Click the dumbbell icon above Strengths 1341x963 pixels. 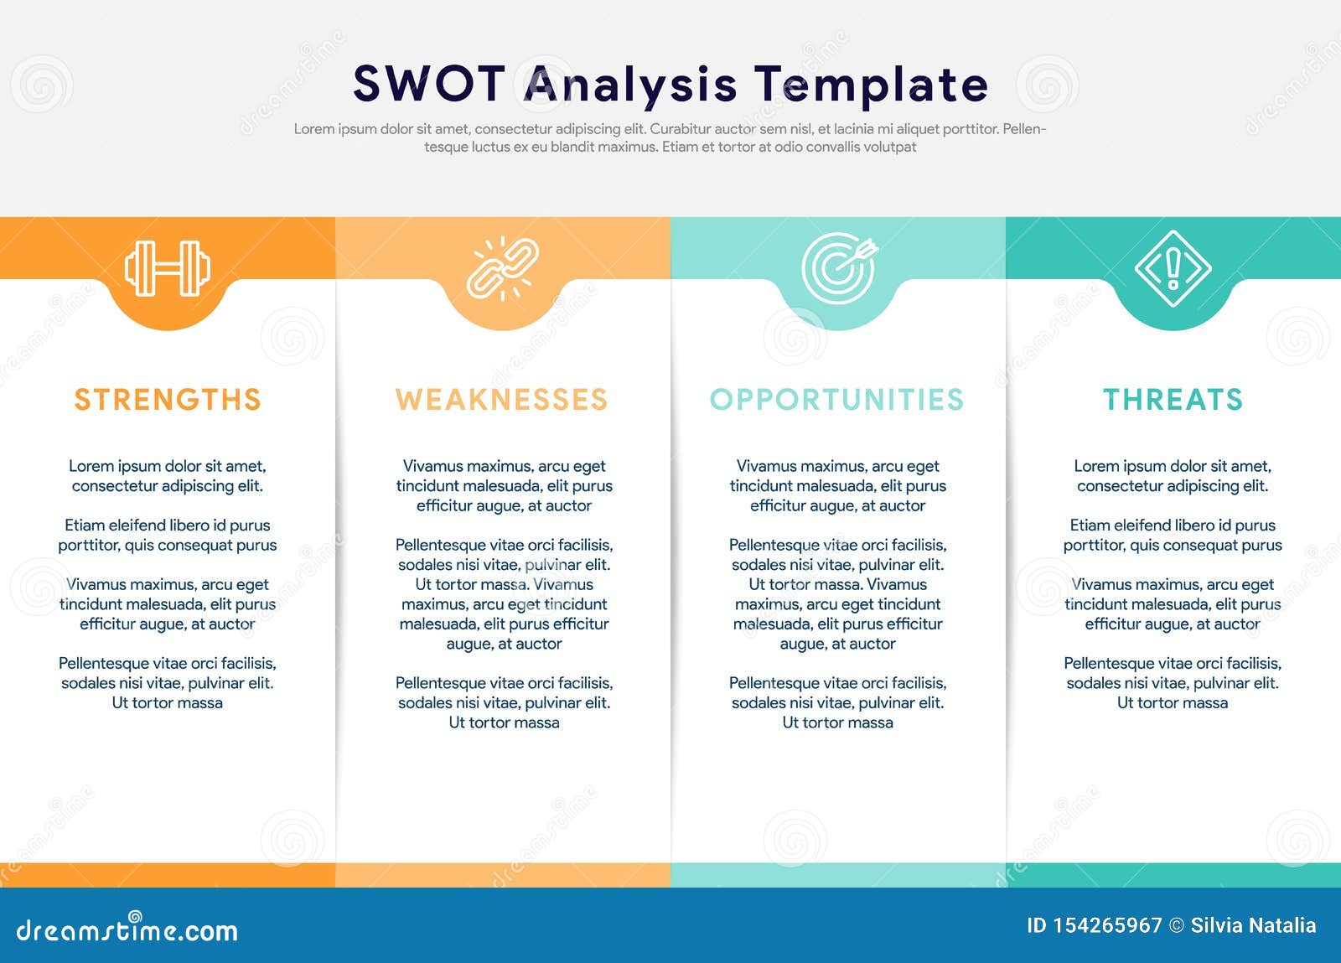168,268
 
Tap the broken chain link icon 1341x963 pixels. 503,268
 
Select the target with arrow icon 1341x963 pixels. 838,268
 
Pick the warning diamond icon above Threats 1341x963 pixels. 1173,268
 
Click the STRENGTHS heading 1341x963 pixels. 168,400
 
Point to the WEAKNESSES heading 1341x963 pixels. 502,400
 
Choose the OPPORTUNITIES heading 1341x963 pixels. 837,400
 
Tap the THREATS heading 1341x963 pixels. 1173,400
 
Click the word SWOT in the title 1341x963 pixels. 429,84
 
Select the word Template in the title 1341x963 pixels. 871,84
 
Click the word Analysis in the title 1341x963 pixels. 630,84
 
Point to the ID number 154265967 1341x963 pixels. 1107,925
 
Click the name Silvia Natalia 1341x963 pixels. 1253,925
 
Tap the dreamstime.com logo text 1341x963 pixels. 127,930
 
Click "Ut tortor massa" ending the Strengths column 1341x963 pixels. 168,703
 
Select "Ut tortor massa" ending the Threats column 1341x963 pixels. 1173,703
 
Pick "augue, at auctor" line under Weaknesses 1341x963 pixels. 504,644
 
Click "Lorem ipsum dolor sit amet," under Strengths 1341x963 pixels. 168,466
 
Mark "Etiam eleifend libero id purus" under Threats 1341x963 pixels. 1173,526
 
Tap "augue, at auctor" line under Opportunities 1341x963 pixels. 837,644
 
